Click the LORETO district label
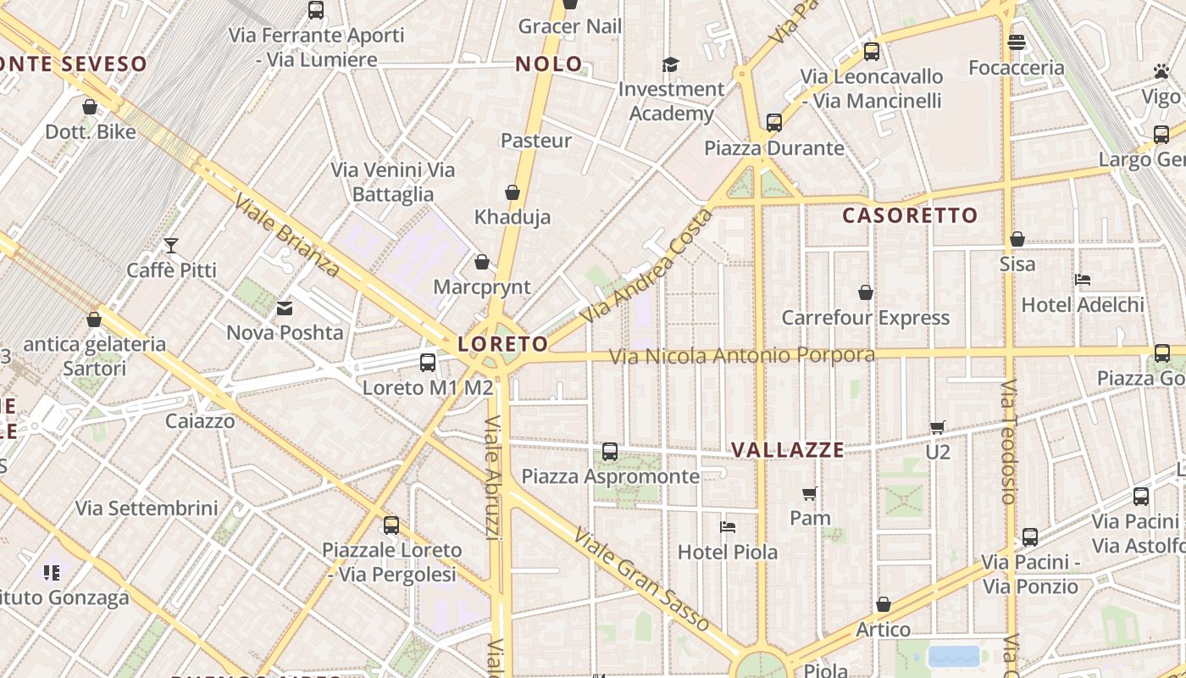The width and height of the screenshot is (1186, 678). [x=503, y=344]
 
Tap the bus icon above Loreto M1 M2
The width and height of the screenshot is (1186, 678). [x=428, y=363]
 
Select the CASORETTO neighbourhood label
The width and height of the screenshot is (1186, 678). [x=910, y=215]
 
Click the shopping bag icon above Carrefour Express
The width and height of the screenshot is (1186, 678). [x=866, y=292]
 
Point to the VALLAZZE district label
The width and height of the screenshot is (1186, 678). [x=788, y=450]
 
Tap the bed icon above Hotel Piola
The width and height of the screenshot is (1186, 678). [x=727, y=527]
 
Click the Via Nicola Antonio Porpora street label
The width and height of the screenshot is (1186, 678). [x=742, y=355]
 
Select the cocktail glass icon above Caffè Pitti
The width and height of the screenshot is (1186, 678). [x=171, y=246]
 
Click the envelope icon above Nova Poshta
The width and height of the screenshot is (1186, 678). [x=285, y=308]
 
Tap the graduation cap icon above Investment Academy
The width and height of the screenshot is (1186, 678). [x=671, y=64]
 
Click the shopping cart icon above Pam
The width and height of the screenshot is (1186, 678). [x=810, y=493]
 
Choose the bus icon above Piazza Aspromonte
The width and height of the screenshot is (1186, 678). [x=610, y=452]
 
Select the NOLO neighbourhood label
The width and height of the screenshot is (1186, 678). [x=549, y=64]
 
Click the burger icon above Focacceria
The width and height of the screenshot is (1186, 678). [x=1017, y=42]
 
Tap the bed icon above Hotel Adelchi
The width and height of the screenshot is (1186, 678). [x=1083, y=280]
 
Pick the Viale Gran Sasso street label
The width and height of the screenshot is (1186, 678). [x=641, y=579]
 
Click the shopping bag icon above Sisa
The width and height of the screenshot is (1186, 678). [x=1017, y=240]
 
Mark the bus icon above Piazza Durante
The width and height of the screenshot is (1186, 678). [x=773, y=123]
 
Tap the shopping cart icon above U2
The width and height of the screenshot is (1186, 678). [x=937, y=427]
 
